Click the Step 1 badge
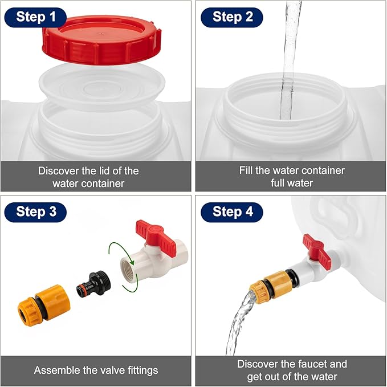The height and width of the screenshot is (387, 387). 35,17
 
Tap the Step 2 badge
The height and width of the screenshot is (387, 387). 232,17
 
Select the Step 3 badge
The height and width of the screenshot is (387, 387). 35,212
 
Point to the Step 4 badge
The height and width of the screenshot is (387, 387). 232,212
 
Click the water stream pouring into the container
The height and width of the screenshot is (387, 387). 290,59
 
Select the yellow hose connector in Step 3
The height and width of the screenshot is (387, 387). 44,305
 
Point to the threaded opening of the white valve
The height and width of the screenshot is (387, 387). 129,268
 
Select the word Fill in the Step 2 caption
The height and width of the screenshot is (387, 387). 246,170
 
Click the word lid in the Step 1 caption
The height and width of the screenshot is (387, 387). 104,171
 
